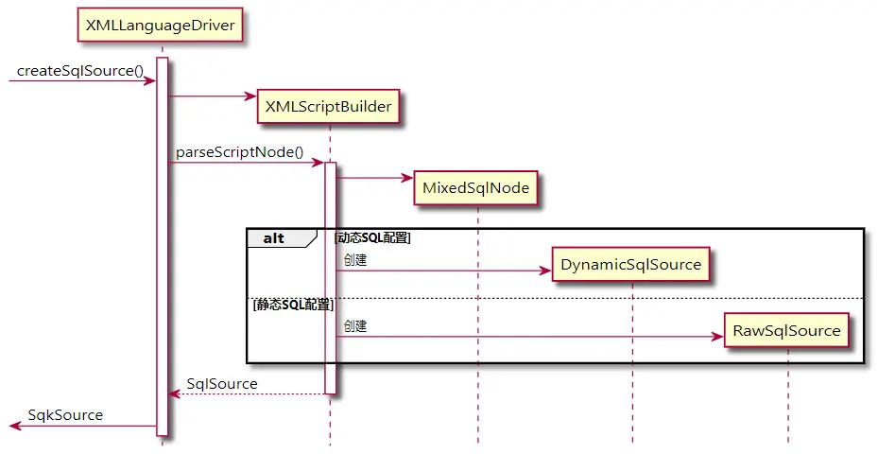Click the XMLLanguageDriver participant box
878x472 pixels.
pyautogui.click(x=161, y=26)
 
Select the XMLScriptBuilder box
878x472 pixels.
pyautogui.click(x=329, y=107)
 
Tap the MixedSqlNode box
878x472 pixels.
pyautogui.click(x=477, y=187)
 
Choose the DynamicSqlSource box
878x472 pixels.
pyautogui.click(x=631, y=264)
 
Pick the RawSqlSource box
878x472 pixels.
pyautogui.click(x=786, y=330)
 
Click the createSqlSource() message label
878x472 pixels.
pyautogui.click(x=80, y=70)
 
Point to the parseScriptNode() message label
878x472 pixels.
pyautogui.click(x=239, y=151)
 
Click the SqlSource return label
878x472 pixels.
pyautogui.click(x=222, y=383)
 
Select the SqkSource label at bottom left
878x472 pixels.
pyautogui.click(x=65, y=414)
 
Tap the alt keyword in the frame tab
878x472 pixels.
pyautogui.click(x=273, y=238)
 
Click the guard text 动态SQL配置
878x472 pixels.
pyautogui.click(x=372, y=238)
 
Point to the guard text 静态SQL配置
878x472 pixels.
pyautogui.click(x=293, y=305)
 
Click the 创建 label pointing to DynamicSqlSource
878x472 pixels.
pyautogui.click(x=355, y=260)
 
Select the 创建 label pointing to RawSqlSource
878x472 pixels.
pyautogui.click(x=355, y=325)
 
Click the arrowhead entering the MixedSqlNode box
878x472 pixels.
pyautogui.click(x=407, y=177)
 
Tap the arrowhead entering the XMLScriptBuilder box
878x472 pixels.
pyautogui.click(x=250, y=96)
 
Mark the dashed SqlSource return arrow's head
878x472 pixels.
pyautogui.click(x=174, y=394)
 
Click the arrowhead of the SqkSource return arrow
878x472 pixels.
pyautogui.click(x=15, y=427)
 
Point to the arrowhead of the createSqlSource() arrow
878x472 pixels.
pyautogui.click(x=150, y=81)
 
